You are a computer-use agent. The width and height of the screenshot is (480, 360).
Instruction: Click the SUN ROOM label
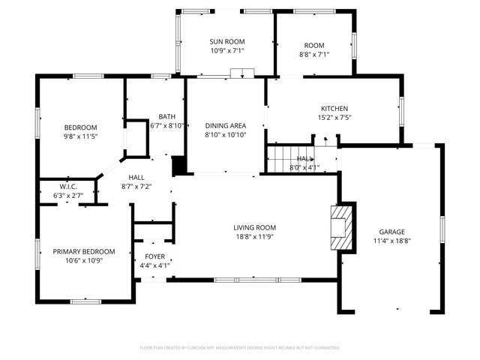[x=226, y=42]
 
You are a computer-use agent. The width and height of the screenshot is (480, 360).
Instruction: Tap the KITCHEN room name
[x=334, y=108]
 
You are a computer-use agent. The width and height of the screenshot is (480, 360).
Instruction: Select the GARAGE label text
[x=392, y=232]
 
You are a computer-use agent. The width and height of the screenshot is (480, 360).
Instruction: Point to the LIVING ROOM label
[x=255, y=227]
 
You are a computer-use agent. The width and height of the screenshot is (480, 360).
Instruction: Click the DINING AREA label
[x=226, y=125]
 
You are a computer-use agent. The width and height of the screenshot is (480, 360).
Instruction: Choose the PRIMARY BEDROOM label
[x=83, y=251]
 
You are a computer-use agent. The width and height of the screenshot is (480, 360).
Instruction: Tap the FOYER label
[x=154, y=256]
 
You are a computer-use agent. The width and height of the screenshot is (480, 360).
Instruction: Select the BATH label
[x=166, y=116]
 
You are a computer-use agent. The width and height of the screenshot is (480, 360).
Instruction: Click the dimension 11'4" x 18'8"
[x=392, y=241]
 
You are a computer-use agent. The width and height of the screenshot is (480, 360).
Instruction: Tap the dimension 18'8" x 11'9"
[x=255, y=236]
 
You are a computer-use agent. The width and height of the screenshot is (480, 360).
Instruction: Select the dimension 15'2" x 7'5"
[x=334, y=117]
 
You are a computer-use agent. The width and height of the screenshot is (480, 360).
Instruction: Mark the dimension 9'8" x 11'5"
[x=80, y=136]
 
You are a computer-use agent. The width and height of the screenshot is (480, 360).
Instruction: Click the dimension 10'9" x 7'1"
[x=226, y=51]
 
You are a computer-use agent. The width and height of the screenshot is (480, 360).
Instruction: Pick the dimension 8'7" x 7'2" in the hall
[x=136, y=186]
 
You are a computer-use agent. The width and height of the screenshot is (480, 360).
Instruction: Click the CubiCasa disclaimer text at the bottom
[x=240, y=348]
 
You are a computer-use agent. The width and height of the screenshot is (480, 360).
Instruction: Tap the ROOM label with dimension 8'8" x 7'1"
[x=313, y=45]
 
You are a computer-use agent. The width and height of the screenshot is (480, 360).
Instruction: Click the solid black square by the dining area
[x=178, y=166]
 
